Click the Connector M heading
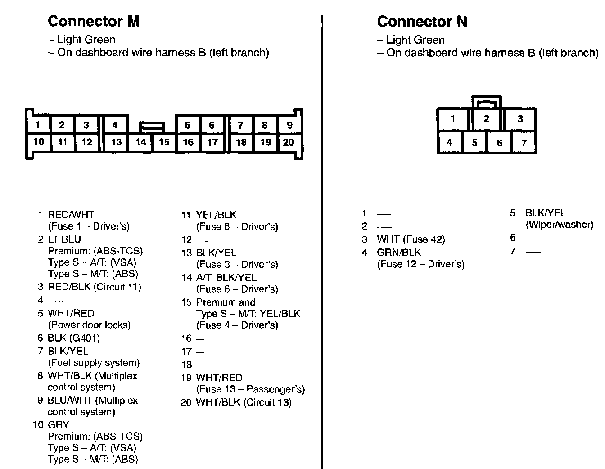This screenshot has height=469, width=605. (x=94, y=21)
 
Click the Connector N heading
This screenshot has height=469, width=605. (x=422, y=21)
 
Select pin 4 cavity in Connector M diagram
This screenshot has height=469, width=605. (x=115, y=125)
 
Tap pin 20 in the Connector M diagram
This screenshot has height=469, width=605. (x=289, y=142)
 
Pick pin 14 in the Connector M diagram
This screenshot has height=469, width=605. (x=141, y=142)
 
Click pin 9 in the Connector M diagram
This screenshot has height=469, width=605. (x=289, y=125)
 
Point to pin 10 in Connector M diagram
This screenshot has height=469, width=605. (x=38, y=142)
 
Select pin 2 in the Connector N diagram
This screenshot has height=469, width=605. (x=487, y=119)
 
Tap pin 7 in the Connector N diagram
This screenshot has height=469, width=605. (x=524, y=143)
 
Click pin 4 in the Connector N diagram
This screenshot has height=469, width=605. (x=449, y=143)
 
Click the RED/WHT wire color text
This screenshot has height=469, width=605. (x=71, y=215)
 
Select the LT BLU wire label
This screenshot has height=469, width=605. (x=64, y=239)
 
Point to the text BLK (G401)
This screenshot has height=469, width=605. (x=73, y=338)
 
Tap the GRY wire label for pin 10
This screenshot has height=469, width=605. (x=58, y=424)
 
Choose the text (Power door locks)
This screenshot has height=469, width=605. (x=89, y=325)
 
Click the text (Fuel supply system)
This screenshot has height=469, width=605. (x=94, y=363)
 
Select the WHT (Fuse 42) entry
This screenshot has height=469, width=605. (x=411, y=239)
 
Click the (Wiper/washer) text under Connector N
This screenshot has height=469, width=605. (x=559, y=225)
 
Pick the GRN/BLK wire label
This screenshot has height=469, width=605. (x=399, y=253)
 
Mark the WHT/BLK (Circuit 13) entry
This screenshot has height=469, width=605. (x=244, y=402)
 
